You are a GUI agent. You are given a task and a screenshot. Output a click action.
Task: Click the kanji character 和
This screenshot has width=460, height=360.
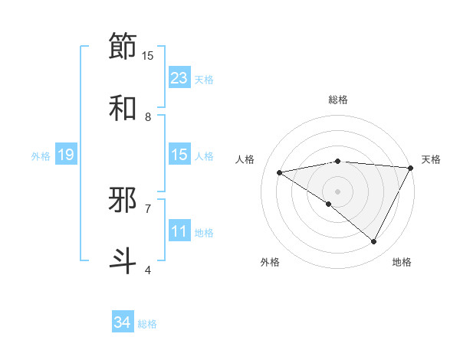(123, 108)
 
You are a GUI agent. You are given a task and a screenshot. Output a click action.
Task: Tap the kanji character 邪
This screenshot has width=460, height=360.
(123, 200)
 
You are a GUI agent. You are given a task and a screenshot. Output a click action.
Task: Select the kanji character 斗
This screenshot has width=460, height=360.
(123, 260)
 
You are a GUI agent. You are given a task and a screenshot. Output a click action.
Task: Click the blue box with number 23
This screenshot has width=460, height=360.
(179, 78)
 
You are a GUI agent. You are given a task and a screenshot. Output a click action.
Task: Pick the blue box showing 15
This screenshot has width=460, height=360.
(179, 155)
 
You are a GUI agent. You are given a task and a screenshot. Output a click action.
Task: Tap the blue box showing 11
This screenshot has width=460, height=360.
(179, 231)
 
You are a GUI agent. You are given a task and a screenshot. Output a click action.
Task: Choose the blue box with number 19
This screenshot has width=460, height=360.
(66, 155)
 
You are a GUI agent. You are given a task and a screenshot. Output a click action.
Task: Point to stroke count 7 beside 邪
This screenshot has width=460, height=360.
(149, 208)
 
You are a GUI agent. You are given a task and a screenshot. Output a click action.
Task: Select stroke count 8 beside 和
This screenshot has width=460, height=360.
(149, 116)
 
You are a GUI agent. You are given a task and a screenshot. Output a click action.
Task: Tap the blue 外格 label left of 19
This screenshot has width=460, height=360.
(41, 155)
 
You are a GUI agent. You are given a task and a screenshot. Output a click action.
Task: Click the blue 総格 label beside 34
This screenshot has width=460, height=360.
(147, 324)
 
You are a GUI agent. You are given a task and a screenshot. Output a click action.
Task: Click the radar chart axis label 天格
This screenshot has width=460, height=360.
(431, 159)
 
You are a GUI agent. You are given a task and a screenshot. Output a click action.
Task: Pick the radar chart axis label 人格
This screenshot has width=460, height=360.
(246, 159)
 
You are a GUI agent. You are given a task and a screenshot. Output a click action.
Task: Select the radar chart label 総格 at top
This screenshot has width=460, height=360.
(338, 100)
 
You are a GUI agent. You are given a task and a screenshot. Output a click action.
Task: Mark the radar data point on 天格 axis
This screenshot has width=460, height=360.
(411, 167)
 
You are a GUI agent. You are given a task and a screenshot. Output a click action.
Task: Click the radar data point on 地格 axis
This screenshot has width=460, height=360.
(374, 242)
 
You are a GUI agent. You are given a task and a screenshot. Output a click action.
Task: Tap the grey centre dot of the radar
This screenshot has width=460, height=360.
(338, 191)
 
